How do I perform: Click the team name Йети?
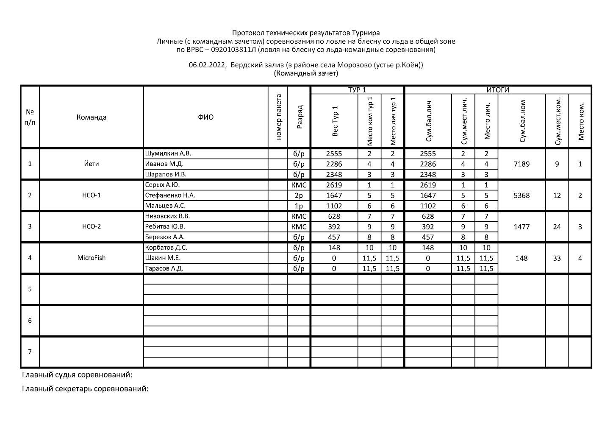click(x=92, y=164)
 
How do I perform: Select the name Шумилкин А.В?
click(x=165, y=153)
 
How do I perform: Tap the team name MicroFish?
click(x=92, y=258)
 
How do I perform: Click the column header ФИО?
click(x=205, y=117)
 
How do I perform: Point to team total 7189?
click(x=522, y=164)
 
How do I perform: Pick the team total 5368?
click(x=522, y=195)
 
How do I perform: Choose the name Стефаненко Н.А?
click(x=170, y=195)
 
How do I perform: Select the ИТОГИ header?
click(x=498, y=90)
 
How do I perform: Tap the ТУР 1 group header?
click(x=357, y=90)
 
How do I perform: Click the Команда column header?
click(x=92, y=117)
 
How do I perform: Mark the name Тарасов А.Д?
click(x=164, y=268)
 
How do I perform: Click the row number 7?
click(x=30, y=352)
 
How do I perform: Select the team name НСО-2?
click(x=92, y=226)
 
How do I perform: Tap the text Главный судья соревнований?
click(x=77, y=375)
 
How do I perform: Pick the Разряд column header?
click(x=299, y=117)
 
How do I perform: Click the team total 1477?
click(x=522, y=227)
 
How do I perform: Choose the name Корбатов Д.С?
click(x=166, y=248)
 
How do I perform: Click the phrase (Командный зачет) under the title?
click(x=306, y=73)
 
